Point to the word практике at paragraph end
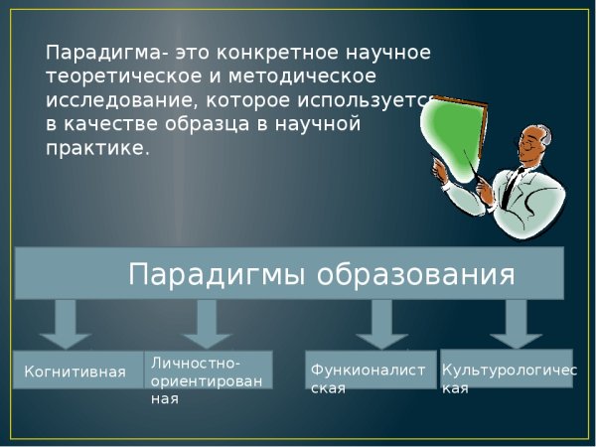click(x=96, y=147)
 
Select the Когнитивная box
click(x=75, y=372)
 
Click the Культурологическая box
click(x=506, y=369)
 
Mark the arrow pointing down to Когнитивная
click(x=67, y=323)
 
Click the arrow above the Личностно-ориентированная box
click(x=207, y=323)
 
